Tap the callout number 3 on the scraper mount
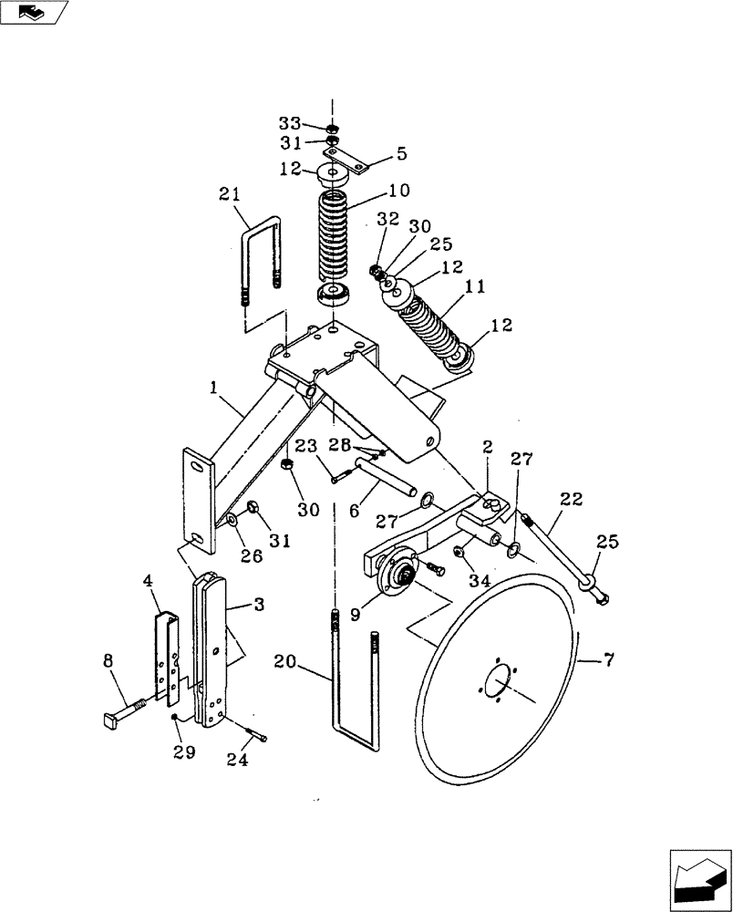[259, 604]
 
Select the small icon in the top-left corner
[32, 12]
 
